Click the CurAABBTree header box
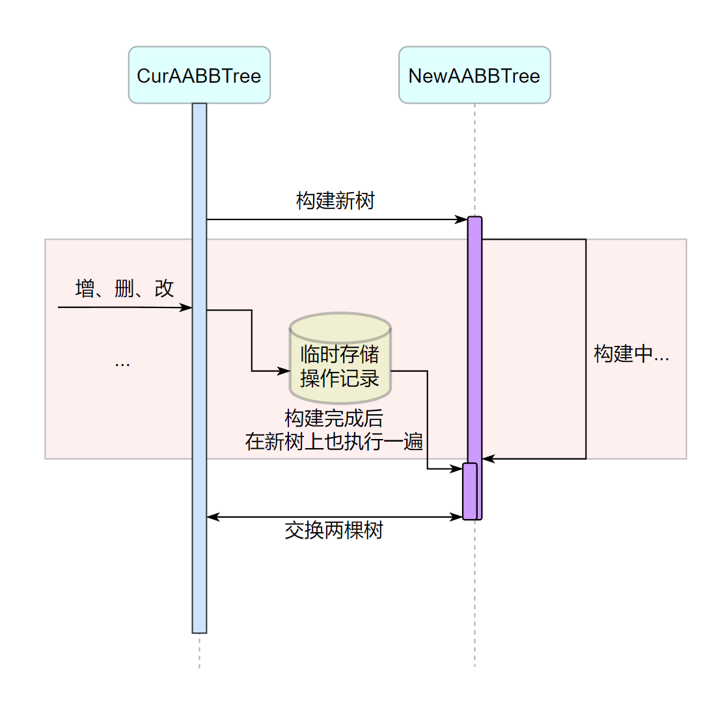point(199,76)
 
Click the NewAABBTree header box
point(474,76)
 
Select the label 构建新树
point(335,201)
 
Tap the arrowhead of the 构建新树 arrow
point(462,220)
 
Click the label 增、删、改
point(124,288)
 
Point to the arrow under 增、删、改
point(124,307)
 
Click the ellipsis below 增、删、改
point(122,363)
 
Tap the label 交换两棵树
point(334,531)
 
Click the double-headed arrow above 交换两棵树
point(334,517)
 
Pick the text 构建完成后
point(334,418)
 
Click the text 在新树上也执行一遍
point(334,442)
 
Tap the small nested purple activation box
point(470,492)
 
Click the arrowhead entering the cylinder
point(284,371)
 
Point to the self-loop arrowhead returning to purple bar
point(488,459)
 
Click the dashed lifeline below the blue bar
point(199,651)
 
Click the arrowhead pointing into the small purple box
point(457,468)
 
